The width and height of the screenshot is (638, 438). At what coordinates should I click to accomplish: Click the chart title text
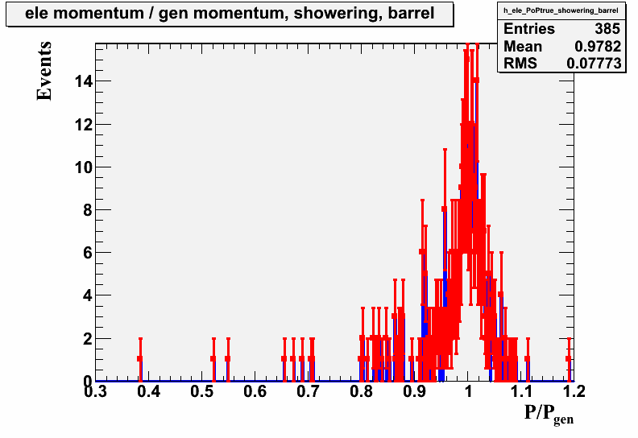(x=230, y=14)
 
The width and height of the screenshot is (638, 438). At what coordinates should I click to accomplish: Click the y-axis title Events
(x=44, y=71)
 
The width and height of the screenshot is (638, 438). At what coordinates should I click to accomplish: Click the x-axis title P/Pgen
(x=549, y=414)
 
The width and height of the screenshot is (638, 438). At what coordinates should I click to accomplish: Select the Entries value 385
(x=607, y=29)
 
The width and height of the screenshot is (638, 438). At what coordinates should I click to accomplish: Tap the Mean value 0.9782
(x=598, y=47)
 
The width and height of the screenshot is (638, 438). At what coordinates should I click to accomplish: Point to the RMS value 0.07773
(x=594, y=64)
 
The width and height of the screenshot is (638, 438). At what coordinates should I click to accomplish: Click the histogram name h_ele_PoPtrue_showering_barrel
(x=561, y=10)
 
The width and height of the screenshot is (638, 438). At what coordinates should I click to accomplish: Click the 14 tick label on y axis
(x=84, y=81)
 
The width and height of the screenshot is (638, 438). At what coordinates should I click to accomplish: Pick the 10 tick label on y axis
(x=84, y=167)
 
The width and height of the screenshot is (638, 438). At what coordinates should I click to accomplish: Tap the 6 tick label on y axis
(x=88, y=253)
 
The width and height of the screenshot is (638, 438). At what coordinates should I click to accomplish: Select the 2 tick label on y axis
(x=88, y=338)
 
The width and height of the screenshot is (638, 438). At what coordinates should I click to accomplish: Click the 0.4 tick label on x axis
(x=148, y=391)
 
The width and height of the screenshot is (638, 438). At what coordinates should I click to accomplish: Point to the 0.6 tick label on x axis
(x=255, y=391)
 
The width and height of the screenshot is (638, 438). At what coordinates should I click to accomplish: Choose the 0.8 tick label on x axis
(x=362, y=391)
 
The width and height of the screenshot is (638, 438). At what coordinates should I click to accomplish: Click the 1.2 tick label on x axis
(x=574, y=391)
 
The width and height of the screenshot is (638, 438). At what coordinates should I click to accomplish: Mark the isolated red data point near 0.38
(x=140, y=359)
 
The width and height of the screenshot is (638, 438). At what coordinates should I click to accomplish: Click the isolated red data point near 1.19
(x=569, y=359)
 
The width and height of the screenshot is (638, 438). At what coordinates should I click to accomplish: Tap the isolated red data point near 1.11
(x=528, y=359)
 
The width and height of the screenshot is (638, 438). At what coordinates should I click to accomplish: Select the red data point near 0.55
(x=228, y=359)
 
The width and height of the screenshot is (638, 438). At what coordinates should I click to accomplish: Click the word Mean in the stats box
(x=523, y=47)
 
